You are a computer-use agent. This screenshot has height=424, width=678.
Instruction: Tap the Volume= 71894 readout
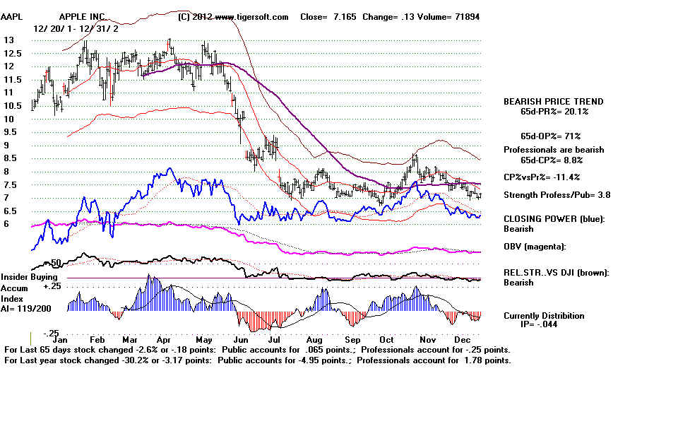pos(451,17)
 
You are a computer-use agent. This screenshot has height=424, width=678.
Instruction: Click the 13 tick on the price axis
pos(9,40)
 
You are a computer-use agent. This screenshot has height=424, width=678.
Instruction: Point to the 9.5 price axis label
pos(11,132)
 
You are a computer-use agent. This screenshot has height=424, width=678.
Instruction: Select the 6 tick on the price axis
pos(6,224)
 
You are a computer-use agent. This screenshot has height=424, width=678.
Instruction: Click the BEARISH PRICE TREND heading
pos(553,102)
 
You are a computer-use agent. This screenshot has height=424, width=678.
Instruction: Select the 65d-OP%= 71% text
pos(545,135)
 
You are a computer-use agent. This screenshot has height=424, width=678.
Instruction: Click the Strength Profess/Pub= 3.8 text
pos(557,195)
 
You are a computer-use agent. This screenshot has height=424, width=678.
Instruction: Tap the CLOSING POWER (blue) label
pos(554,218)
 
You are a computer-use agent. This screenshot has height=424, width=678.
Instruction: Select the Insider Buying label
pos(28,277)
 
